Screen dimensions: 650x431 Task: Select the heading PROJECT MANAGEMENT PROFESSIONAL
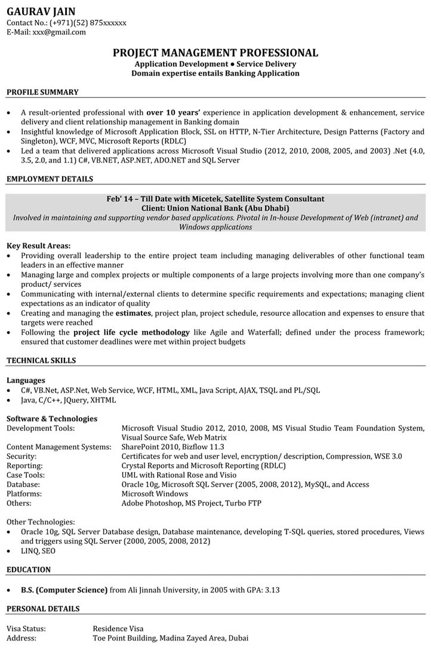[x=215, y=53]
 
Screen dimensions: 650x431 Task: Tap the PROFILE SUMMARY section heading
[x=42, y=92]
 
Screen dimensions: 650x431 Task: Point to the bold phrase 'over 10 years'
[x=174, y=112]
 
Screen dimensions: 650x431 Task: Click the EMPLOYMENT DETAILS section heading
[x=50, y=179]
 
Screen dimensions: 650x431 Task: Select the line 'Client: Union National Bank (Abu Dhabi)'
[x=215, y=208]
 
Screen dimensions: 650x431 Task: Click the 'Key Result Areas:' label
[x=38, y=246]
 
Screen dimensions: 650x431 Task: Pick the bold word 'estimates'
[x=134, y=313]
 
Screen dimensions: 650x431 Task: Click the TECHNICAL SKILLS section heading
[x=41, y=360]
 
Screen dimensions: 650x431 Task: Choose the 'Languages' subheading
[x=26, y=380]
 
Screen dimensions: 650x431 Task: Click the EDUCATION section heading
[x=29, y=570]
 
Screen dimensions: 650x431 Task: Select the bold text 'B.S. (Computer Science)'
[x=64, y=590]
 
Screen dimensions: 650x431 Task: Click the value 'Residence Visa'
[x=118, y=628]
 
